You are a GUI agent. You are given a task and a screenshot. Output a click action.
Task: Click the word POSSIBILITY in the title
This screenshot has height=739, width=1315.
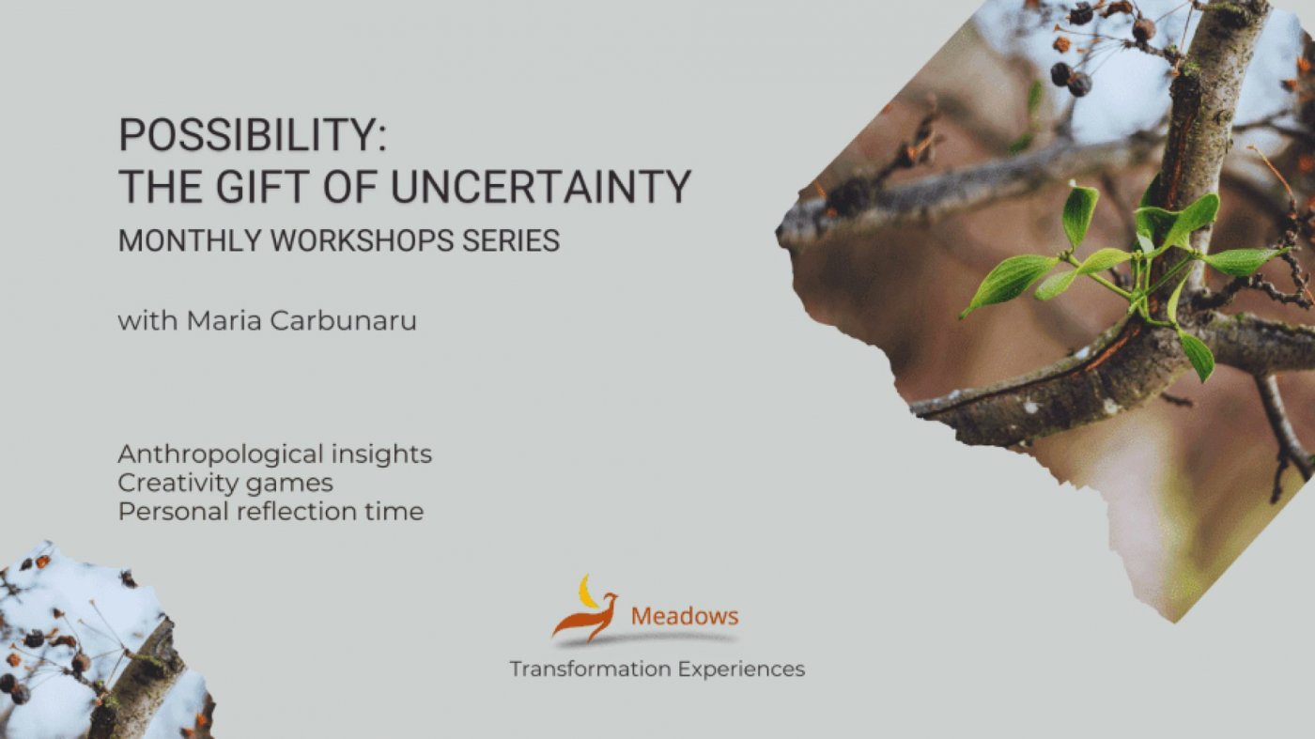tap(245, 134)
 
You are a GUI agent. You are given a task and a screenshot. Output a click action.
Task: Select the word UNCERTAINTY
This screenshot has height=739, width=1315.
tap(541, 187)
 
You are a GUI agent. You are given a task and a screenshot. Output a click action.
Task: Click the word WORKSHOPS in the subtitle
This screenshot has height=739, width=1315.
tap(363, 240)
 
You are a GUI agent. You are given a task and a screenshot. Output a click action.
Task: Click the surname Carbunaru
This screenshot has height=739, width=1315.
tap(344, 320)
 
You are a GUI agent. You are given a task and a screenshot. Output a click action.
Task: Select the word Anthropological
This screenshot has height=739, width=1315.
tap(221, 454)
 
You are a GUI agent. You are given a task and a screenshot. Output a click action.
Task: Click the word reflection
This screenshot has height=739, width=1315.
tap(297, 511)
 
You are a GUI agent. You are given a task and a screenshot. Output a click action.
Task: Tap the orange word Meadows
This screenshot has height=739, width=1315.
tap(685, 616)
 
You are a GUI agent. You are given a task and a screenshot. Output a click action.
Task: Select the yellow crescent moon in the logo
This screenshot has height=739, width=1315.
tap(587, 592)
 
